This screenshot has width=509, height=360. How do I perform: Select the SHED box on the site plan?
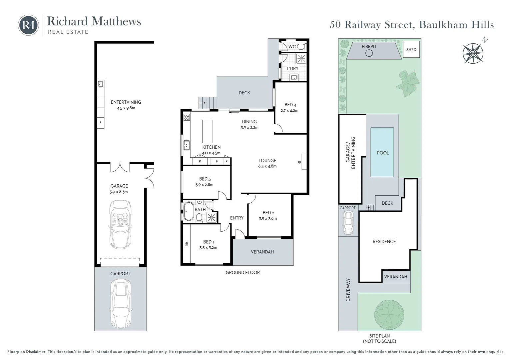[411, 50]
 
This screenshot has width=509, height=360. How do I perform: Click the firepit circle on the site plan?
[369, 53]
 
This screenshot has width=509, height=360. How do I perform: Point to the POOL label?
[383, 153]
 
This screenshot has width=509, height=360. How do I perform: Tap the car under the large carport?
[121, 304]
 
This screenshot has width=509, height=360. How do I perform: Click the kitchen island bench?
[207, 131]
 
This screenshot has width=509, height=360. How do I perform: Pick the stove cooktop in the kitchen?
[187, 117]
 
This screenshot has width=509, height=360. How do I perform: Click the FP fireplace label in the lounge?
[299, 163]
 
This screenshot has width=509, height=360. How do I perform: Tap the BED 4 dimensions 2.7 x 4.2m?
[289, 111]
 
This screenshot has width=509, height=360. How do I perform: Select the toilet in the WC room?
[301, 46]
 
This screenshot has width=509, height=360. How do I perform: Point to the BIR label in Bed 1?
[187, 244]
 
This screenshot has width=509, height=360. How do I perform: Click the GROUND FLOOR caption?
[243, 272]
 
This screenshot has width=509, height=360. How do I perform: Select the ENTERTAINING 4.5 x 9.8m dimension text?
[126, 108]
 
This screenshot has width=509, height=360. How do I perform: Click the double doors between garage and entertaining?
[120, 167]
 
